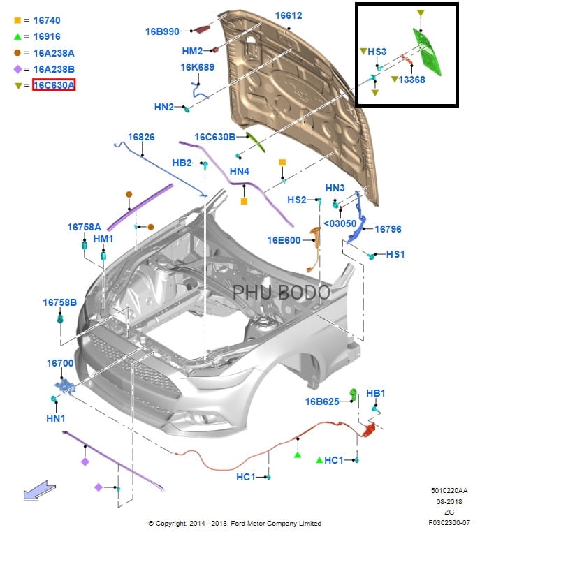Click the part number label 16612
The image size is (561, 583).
pos(289,15)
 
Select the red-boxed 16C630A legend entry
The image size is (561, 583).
pos(54,85)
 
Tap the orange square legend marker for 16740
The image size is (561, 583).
pos(17,20)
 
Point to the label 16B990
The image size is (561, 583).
pos(162,31)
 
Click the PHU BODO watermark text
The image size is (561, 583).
pos(282,293)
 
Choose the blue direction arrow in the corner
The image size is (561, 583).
pos(39,490)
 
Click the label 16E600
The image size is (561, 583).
pos(284,241)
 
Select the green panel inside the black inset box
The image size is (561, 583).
pos(427,52)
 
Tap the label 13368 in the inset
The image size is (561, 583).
pos(411,80)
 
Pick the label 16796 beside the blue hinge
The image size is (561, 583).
pos(388,229)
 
